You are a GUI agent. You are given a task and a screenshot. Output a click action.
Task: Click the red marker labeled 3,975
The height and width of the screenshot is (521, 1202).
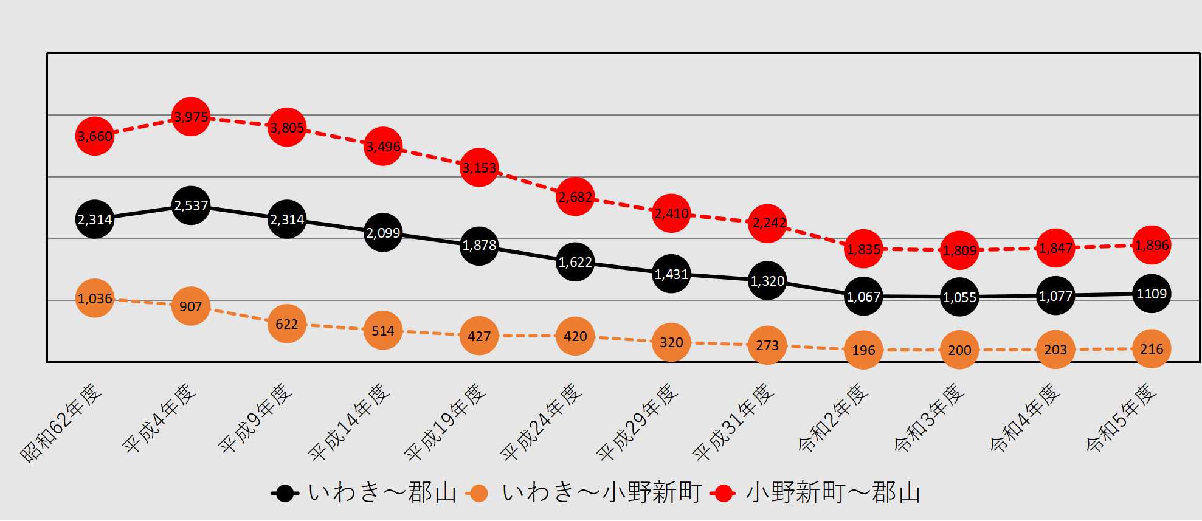click(191, 116)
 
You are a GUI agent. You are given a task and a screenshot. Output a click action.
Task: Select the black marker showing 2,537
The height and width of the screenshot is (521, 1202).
click(191, 205)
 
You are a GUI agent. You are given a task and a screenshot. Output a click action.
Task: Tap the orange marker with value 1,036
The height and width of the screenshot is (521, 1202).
click(95, 298)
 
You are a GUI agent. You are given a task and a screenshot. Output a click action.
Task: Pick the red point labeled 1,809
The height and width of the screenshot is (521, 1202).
click(959, 250)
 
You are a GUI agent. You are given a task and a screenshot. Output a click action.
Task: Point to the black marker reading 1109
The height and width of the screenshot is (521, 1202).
click(1152, 294)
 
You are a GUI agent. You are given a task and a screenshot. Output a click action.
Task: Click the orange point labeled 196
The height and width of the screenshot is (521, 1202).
click(863, 350)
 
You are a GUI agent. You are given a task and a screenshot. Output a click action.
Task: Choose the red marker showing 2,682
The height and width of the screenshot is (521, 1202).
click(575, 196)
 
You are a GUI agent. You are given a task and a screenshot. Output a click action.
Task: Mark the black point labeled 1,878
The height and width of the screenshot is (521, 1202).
click(479, 245)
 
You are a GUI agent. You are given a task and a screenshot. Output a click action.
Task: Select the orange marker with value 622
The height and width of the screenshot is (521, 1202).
click(287, 323)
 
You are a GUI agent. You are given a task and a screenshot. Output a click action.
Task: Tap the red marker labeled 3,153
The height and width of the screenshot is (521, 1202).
click(479, 167)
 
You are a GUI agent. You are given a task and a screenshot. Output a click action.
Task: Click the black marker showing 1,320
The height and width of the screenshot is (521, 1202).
click(767, 280)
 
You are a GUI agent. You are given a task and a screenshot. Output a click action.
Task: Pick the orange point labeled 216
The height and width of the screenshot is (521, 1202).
click(1152, 349)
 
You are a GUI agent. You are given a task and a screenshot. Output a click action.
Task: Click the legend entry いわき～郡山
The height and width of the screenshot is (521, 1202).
click(382, 492)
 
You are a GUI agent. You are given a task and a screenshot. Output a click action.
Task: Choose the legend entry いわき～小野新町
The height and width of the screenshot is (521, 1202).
click(601, 492)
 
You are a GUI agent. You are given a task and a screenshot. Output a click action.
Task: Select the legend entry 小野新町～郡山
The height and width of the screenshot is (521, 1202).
click(832, 492)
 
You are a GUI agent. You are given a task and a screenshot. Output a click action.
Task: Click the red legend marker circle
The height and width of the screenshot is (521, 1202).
click(724, 493)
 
